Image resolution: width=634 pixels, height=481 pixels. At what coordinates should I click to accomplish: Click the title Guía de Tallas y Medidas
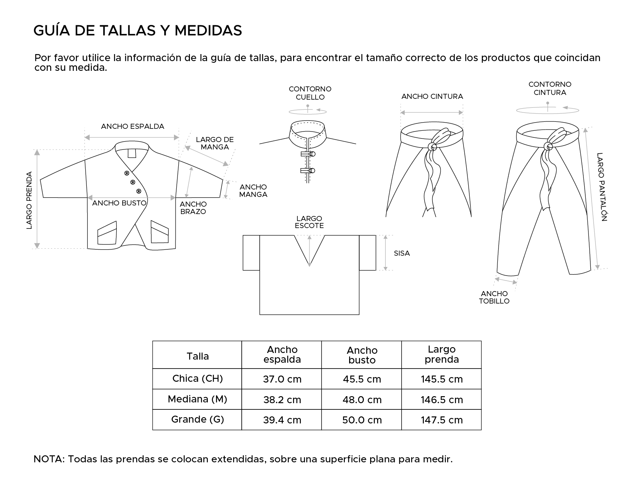[138, 30]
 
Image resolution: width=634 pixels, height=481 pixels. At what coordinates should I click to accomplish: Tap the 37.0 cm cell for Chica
[282, 379]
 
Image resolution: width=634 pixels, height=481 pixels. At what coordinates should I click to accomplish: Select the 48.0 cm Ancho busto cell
[362, 400]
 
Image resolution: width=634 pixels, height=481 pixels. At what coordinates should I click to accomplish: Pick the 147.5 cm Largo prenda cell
[442, 420]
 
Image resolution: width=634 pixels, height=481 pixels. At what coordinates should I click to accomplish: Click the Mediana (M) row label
[197, 399]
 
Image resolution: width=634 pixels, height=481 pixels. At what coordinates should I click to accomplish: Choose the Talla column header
[197, 356]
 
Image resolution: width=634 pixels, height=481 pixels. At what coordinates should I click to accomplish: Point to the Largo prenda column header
[442, 354]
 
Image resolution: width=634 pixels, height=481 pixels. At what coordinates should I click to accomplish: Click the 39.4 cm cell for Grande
[282, 420]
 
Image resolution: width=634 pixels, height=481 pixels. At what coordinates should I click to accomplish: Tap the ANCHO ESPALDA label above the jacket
[132, 126]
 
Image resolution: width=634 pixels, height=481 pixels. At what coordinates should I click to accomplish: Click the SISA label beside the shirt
[402, 253]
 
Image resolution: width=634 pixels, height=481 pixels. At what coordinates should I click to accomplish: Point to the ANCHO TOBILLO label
[494, 297]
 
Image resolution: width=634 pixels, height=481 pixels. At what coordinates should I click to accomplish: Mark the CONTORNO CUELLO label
[310, 93]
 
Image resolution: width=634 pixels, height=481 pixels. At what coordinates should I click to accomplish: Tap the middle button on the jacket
[132, 182]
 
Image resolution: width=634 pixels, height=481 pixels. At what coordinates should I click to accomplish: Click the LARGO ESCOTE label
[309, 222]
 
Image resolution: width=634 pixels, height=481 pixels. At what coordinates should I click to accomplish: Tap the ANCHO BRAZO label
[193, 208]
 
